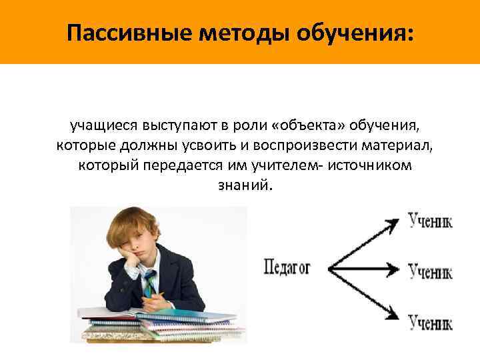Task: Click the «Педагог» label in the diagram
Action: (287, 269)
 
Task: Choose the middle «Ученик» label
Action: (430, 271)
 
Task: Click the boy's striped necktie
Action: (150, 283)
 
